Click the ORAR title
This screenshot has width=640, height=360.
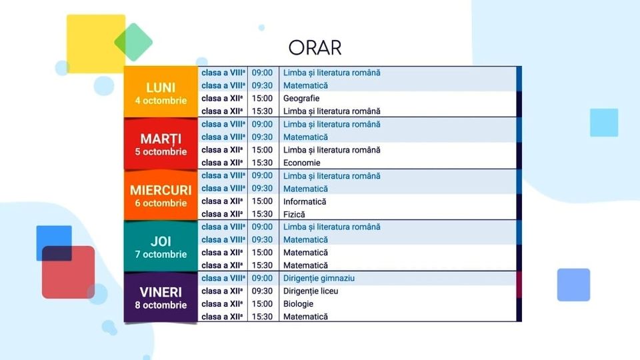coord(315,48)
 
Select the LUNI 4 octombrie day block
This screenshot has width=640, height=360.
coord(161,92)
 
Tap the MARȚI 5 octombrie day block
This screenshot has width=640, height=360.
coord(161,144)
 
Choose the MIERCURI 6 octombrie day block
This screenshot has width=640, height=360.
coord(161,195)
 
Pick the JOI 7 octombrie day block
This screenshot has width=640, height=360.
coord(161,246)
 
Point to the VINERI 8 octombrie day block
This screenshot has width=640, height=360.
coord(161,297)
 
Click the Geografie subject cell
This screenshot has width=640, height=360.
coord(301,99)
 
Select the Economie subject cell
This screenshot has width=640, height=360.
coord(301,163)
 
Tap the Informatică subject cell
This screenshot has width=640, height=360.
coord(305,201)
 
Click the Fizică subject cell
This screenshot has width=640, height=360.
coord(294,214)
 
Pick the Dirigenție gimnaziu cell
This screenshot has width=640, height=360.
coord(319,279)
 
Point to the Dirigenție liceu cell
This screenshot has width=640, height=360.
coord(311,291)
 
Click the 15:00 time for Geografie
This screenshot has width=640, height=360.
coord(262,99)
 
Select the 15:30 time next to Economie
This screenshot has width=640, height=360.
coord(262,163)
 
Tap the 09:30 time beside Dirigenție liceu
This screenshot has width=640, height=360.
coord(262,291)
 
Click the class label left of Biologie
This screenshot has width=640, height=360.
coord(223,304)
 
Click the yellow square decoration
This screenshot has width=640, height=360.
coord(96,44)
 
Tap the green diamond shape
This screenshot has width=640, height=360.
coord(133,42)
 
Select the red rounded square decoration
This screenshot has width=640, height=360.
coord(68,272)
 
